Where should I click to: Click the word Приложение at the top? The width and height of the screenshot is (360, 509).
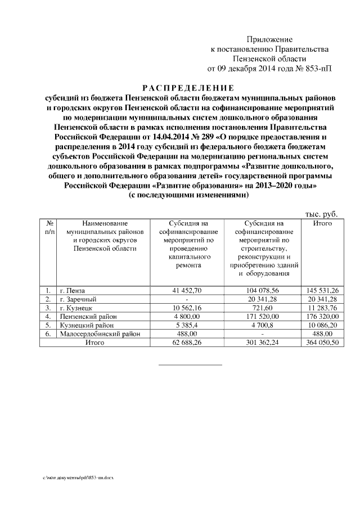pyautogui.click(x=270, y=39)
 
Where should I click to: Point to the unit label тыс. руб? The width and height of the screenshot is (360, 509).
pyautogui.click(x=321, y=214)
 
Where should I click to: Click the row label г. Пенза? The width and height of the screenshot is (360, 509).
pyautogui.click(x=73, y=290)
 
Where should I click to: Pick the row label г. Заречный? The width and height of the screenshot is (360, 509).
pyautogui.click(x=78, y=299)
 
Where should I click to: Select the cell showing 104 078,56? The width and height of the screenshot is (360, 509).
pyautogui.click(x=263, y=290)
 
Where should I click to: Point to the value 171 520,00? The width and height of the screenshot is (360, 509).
pyautogui.click(x=263, y=316)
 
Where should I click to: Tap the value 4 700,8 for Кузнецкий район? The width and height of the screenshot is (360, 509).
pyautogui.click(x=263, y=325)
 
